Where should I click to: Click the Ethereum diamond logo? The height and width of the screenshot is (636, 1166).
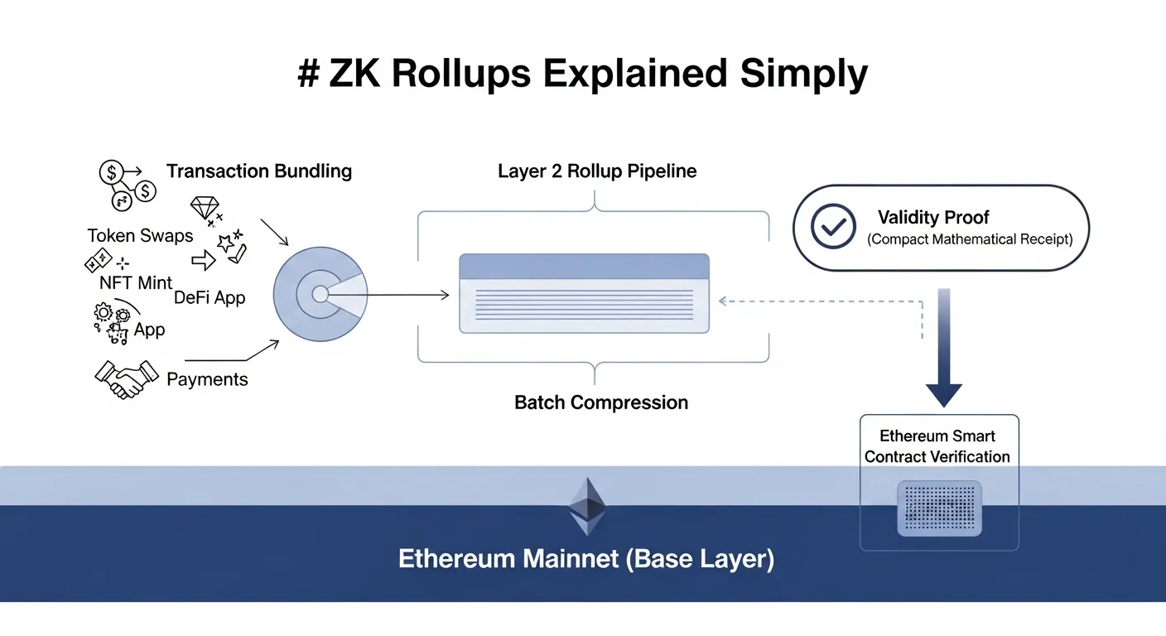click(x=587, y=504)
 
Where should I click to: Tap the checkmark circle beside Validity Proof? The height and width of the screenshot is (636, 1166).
click(x=832, y=227)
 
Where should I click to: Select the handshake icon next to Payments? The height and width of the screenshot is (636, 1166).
click(x=126, y=378)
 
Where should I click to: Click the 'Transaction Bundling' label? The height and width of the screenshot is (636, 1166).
click(x=259, y=171)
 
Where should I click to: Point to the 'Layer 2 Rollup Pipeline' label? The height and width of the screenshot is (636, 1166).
click(x=596, y=171)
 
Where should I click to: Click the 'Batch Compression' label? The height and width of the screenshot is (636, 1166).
click(x=601, y=402)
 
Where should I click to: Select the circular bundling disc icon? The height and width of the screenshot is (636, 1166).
click(x=320, y=294)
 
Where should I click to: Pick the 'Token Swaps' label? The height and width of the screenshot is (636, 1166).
click(x=140, y=235)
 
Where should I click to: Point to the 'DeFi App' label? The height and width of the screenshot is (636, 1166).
click(x=210, y=297)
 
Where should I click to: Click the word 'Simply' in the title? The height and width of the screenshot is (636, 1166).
click(x=804, y=75)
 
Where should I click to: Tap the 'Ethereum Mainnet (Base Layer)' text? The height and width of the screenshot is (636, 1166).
click(x=585, y=558)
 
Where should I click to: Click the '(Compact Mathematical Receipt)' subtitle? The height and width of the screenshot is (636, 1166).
click(x=970, y=239)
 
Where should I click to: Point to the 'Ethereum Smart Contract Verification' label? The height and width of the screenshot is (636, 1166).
click(x=937, y=446)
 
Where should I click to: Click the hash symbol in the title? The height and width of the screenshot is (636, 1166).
click(x=308, y=75)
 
